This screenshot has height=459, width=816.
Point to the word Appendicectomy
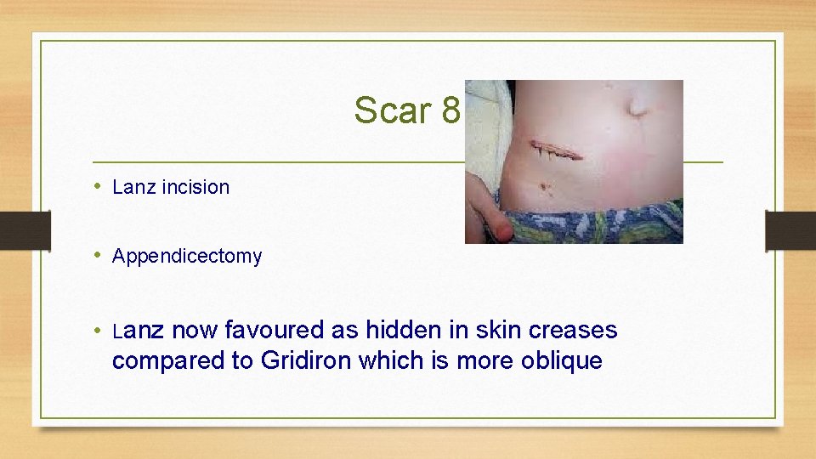(x=187, y=256)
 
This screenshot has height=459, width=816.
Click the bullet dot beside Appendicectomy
(x=99, y=255)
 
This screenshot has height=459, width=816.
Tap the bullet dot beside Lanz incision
(x=99, y=186)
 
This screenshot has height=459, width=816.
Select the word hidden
(x=399, y=330)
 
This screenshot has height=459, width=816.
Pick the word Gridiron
(x=307, y=360)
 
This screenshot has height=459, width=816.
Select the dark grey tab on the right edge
(x=790, y=230)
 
